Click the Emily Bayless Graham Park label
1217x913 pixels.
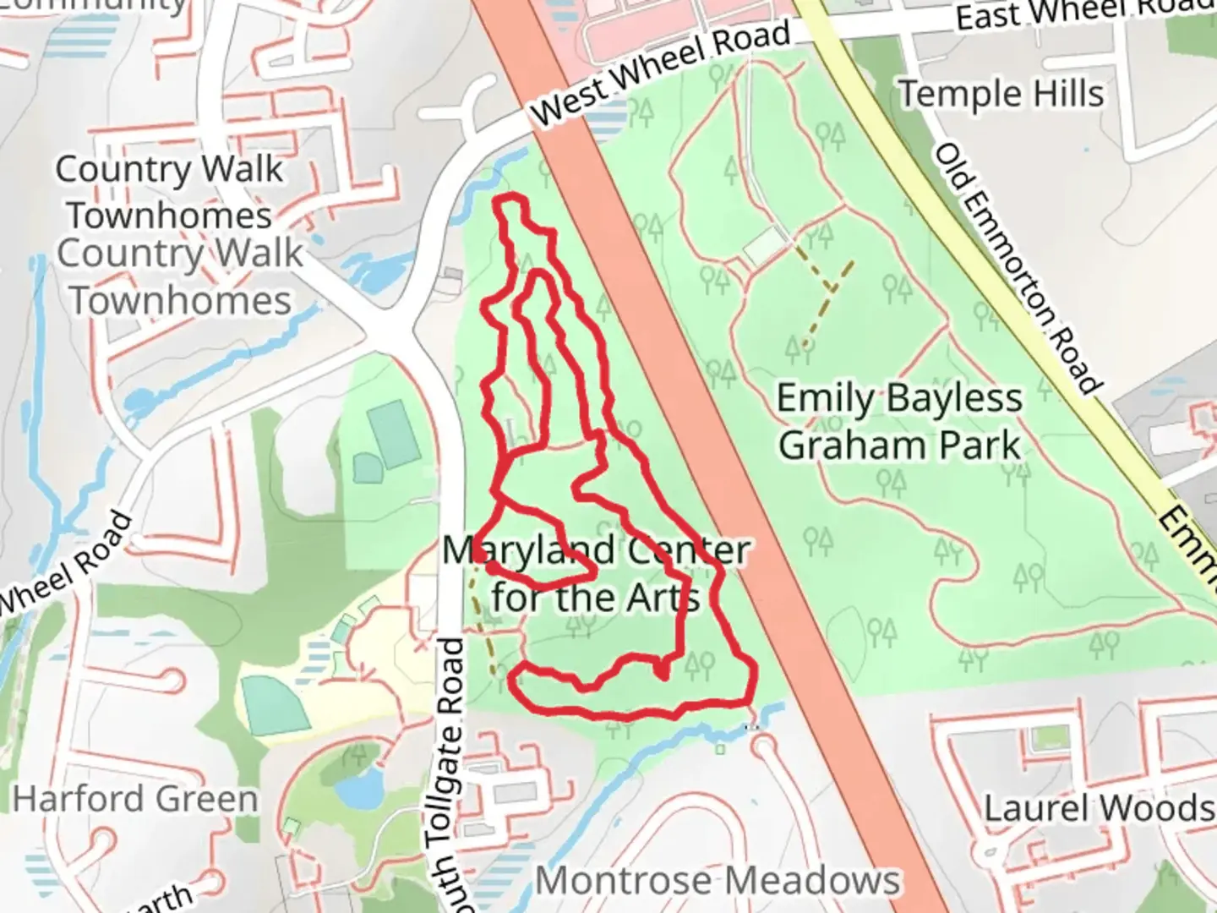pos(899,421)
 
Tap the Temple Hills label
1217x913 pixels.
pos(1001,93)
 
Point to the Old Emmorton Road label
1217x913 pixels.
pos(1018,268)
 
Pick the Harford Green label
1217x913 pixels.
pos(135,799)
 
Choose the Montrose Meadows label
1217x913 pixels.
pos(718,881)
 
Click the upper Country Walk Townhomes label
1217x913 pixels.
pos(169,191)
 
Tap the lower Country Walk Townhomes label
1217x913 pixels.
pos(179,276)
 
